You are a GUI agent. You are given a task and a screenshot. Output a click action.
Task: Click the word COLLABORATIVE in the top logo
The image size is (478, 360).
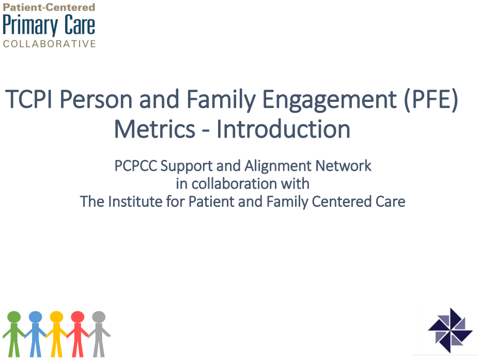(50, 43)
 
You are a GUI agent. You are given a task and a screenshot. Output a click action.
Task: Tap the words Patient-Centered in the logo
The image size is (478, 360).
(49, 7)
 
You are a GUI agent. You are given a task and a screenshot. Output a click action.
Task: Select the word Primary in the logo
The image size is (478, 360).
(30, 26)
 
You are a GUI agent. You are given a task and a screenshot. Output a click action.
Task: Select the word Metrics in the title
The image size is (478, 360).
(155, 129)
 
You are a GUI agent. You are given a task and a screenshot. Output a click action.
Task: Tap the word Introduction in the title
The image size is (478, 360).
(283, 129)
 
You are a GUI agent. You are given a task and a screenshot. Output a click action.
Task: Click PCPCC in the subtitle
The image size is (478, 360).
(136, 166)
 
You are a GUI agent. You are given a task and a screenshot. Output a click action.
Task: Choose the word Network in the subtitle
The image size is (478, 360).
(343, 166)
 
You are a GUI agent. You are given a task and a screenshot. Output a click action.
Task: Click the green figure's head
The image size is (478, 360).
(14, 317)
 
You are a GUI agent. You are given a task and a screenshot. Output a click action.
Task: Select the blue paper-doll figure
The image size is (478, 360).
(35, 334)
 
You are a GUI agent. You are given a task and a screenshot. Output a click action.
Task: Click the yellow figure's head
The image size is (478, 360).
(56, 317)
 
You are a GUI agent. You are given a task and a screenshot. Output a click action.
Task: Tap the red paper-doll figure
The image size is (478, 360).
(78, 334)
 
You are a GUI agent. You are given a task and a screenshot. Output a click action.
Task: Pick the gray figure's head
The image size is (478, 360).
(99, 317)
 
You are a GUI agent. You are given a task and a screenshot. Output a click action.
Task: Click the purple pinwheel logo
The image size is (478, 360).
(450, 331)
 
